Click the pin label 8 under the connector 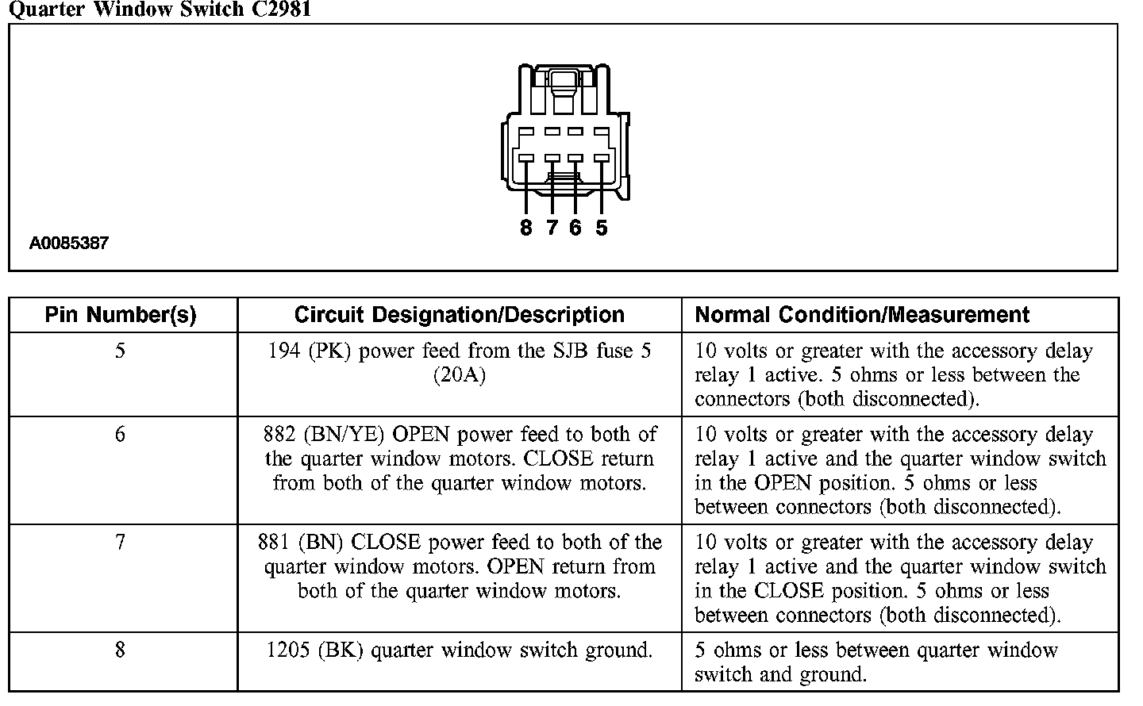point(525,228)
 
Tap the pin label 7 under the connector point(551,228)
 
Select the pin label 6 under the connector point(575,228)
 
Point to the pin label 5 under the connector point(601,228)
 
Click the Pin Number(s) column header point(121,315)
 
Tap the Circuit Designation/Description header point(460,315)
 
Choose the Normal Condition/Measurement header point(862,315)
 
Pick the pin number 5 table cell point(121,351)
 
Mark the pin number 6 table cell point(121,435)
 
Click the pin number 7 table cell point(121,543)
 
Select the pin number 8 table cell point(121,650)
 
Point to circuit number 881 point(275,543)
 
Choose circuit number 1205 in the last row point(289,650)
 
